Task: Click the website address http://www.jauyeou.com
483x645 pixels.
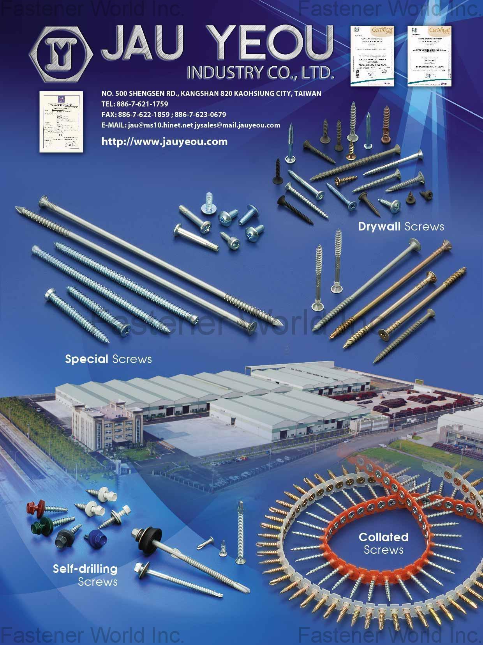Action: [x=164, y=142]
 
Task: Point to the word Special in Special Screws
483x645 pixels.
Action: [x=86, y=359]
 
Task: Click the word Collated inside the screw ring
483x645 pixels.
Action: [x=383, y=537]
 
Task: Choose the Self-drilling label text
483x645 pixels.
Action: [x=85, y=569]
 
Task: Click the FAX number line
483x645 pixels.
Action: [x=164, y=115]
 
